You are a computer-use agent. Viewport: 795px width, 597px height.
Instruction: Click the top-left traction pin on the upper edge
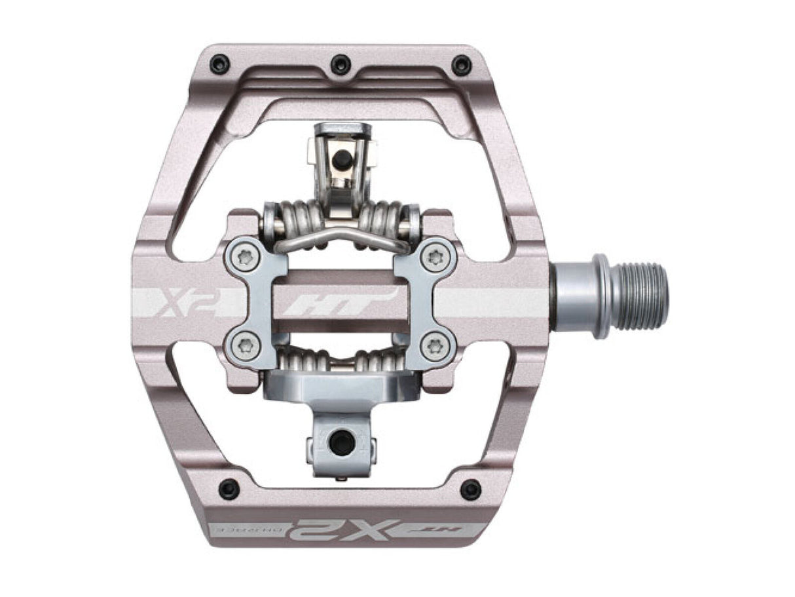click(x=219, y=64)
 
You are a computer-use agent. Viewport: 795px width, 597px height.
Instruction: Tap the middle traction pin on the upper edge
click(x=341, y=64)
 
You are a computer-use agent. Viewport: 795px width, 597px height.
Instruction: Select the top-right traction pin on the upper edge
click(x=462, y=64)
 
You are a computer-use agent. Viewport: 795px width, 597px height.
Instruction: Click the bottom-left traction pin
click(x=229, y=488)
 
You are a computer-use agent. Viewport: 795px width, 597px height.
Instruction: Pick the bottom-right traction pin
click(x=470, y=488)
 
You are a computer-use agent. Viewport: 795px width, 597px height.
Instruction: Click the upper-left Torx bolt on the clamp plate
click(x=246, y=258)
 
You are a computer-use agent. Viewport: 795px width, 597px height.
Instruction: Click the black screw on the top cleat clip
click(x=340, y=157)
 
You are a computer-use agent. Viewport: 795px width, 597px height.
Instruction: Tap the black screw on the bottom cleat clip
click(x=340, y=444)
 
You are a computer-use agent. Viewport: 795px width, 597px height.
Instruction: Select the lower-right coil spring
click(x=386, y=360)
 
